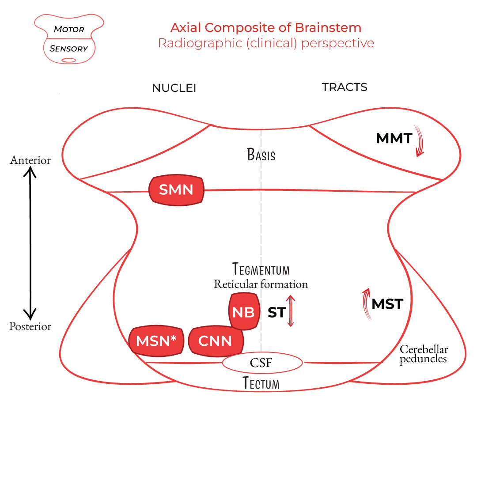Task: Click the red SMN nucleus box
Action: (x=176, y=190)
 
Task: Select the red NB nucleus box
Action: (x=243, y=312)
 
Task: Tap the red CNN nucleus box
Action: (x=216, y=341)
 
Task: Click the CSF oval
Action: (x=262, y=363)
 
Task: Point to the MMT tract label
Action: (x=394, y=139)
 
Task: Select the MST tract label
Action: (x=387, y=304)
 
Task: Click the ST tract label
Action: (x=276, y=312)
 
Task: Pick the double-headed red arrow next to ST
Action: (x=291, y=311)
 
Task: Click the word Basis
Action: (x=261, y=155)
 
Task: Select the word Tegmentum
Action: (x=261, y=269)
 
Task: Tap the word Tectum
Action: (x=261, y=383)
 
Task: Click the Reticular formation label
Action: (x=261, y=284)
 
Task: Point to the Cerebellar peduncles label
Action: (x=424, y=354)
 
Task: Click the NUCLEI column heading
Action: (x=174, y=88)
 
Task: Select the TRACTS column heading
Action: (x=344, y=87)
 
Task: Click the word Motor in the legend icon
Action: (x=68, y=30)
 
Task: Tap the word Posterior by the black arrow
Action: (x=30, y=326)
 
